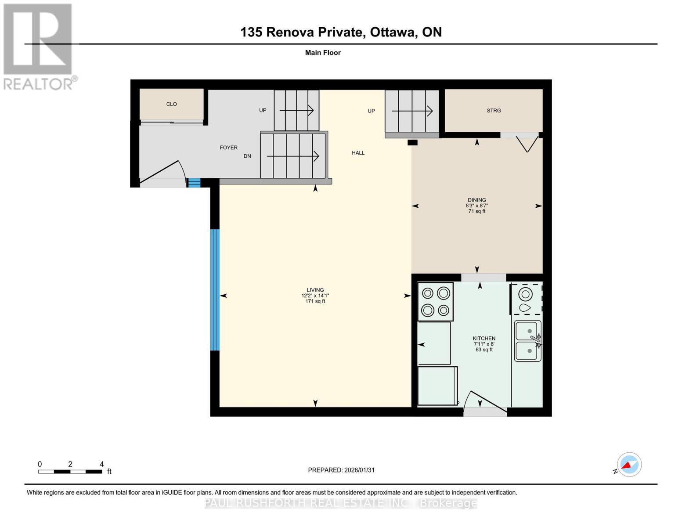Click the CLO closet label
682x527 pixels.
pos(171,104)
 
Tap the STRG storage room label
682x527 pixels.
pos(494,111)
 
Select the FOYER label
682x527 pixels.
pos(228,148)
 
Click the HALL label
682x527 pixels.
pos(358,153)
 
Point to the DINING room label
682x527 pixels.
pos(476,200)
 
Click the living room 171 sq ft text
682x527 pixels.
pos(315,301)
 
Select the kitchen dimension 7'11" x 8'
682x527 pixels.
pos(484,344)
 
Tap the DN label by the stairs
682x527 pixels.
pos(247,156)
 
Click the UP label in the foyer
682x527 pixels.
pos(263,110)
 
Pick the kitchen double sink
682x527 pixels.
pos(528,341)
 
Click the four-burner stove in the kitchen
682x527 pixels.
pos(435,302)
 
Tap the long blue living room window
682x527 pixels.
pos(215,290)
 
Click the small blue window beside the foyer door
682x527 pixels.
pos(194,183)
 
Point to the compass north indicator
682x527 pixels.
pos(629,465)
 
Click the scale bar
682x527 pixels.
pos(70,472)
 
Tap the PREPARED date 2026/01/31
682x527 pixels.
pos(341,470)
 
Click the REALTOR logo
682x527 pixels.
pos(38,46)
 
